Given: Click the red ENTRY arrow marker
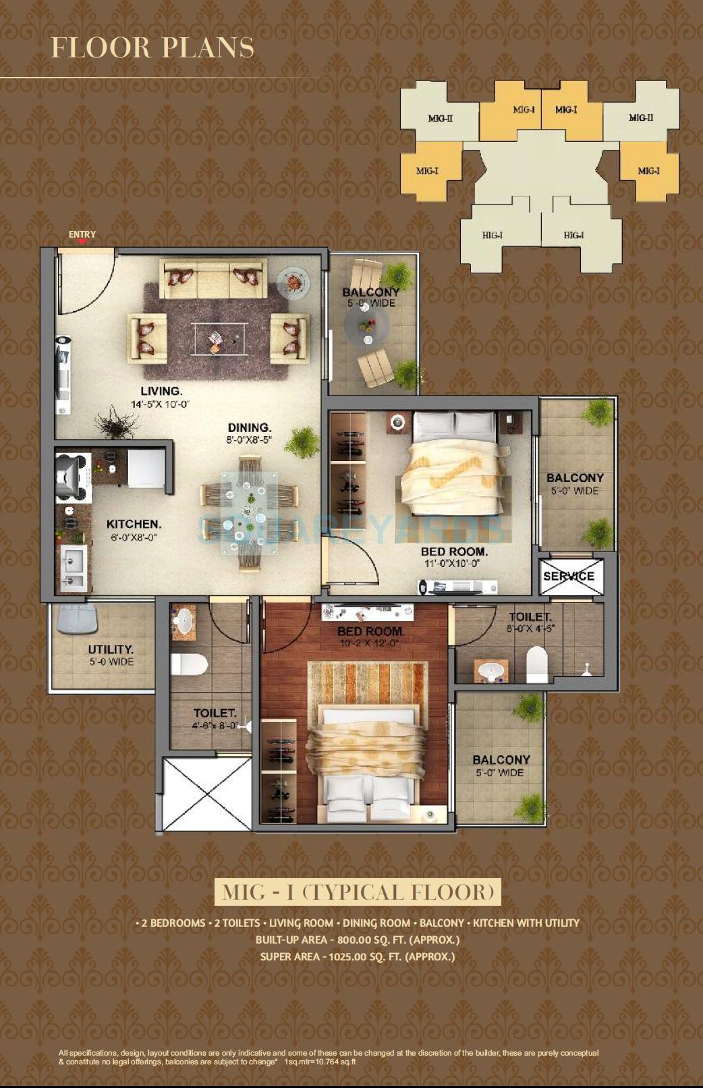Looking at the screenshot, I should tap(82, 242).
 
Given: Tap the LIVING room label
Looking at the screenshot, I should tap(161, 391).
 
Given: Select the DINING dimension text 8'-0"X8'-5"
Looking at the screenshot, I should tap(249, 440).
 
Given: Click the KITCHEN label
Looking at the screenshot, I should tap(134, 524).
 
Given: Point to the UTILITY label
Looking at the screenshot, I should tap(111, 649).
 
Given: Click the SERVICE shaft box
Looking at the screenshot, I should tap(569, 576).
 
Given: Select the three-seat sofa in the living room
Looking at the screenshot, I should tap(213, 279).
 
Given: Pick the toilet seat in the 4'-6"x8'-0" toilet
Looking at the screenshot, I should tap(188, 663).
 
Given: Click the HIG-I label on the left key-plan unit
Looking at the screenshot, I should tap(492, 235).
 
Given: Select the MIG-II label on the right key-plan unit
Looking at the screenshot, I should tap(640, 117).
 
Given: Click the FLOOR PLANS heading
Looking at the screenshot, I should tap(152, 48).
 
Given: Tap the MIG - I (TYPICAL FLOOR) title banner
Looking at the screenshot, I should tap(358, 892).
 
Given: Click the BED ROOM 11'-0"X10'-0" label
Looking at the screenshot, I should tap(453, 557).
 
